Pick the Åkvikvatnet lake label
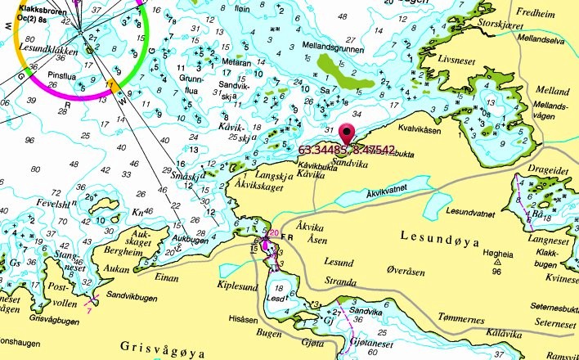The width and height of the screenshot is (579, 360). click(x=402, y=193)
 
